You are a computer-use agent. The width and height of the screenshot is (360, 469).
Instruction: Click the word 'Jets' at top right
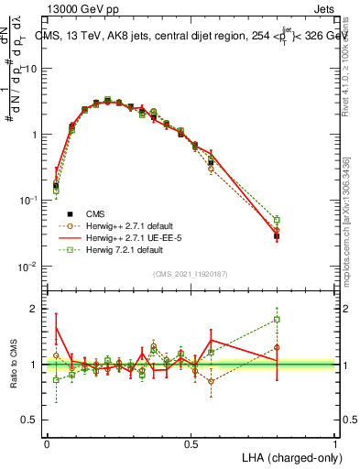tap(325, 8)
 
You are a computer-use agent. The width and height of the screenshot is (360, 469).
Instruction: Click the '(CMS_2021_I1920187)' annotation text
tap(191, 273)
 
